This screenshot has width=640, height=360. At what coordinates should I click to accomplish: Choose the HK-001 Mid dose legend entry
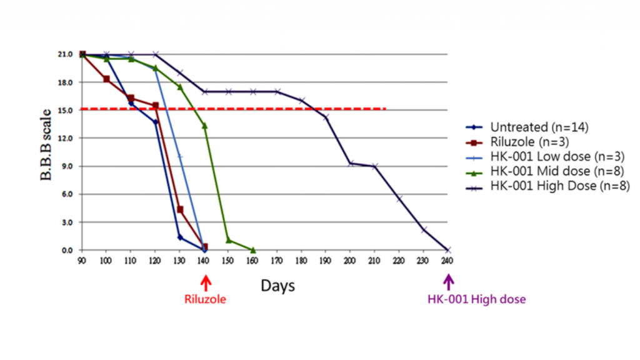(x=549, y=172)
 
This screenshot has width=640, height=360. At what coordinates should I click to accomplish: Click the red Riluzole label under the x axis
(x=205, y=299)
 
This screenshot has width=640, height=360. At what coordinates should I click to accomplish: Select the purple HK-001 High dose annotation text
(x=477, y=299)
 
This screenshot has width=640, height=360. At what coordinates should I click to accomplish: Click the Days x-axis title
(x=278, y=286)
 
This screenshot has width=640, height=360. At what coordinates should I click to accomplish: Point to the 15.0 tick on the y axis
(x=66, y=110)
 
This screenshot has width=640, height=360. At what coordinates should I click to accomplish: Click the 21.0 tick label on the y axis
(x=66, y=54)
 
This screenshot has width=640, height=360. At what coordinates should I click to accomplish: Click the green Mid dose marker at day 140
(x=204, y=126)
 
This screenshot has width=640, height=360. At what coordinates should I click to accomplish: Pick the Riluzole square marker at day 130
(x=180, y=210)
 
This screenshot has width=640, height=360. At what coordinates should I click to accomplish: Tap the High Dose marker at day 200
(x=350, y=163)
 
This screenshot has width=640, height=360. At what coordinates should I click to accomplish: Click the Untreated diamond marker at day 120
(x=156, y=122)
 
